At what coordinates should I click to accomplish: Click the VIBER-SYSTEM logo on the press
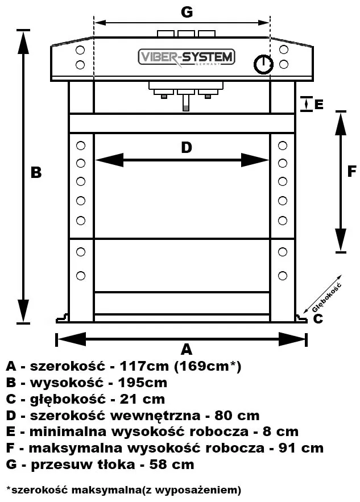click(187, 57)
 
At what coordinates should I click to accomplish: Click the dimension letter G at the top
click(186, 11)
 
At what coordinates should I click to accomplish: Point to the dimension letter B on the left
click(36, 172)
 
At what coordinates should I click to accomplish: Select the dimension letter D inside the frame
click(186, 148)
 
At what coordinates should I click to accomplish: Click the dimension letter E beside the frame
click(318, 105)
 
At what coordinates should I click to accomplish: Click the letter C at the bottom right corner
click(318, 318)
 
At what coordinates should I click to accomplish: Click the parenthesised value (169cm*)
click(208, 366)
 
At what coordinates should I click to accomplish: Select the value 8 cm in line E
click(282, 432)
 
